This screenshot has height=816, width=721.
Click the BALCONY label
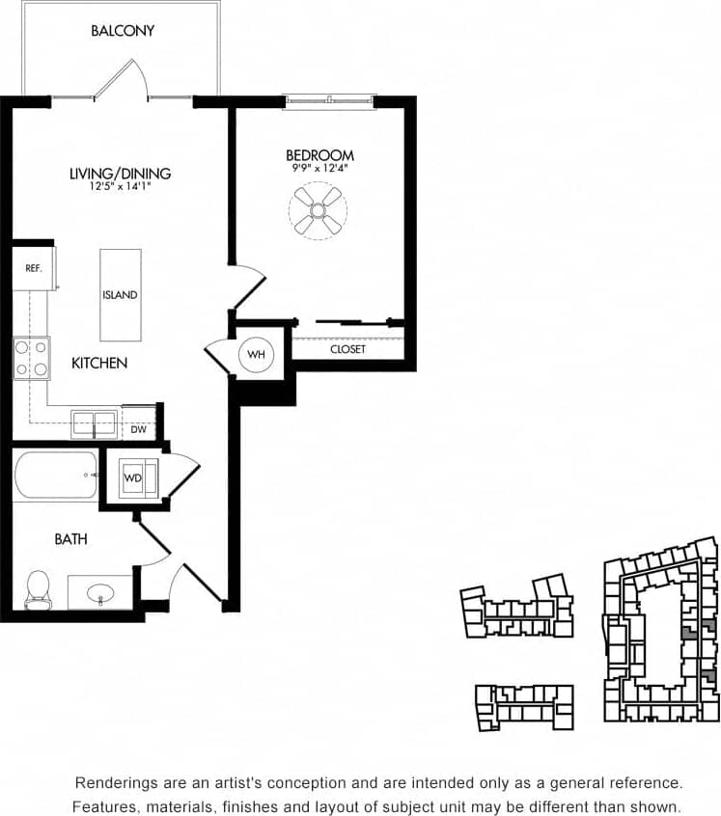pyautogui.click(x=123, y=31)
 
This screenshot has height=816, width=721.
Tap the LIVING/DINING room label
pyautogui.click(x=120, y=174)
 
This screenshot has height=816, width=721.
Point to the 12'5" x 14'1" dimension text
pyautogui.click(x=120, y=186)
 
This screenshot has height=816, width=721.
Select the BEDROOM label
pyautogui.click(x=319, y=155)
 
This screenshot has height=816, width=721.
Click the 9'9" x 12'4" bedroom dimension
pyautogui.click(x=319, y=169)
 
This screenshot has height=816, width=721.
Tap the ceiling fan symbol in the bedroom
pyautogui.click(x=318, y=210)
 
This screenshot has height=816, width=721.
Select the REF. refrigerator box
pyautogui.click(x=33, y=268)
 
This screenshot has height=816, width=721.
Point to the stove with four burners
pyautogui.click(x=31, y=358)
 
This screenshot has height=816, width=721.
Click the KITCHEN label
pyautogui.click(x=99, y=364)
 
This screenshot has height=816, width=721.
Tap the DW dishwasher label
pyautogui.click(x=139, y=429)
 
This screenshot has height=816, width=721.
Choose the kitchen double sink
pyautogui.click(x=96, y=423)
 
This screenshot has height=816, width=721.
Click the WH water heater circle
pyautogui.click(x=256, y=355)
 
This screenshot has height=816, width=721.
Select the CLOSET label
pyautogui.click(x=347, y=349)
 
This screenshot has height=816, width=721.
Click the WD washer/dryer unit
pyautogui.click(x=135, y=476)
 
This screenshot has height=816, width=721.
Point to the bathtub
pyautogui.click(x=56, y=475)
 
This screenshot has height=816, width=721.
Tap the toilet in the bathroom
pyautogui.click(x=38, y=589)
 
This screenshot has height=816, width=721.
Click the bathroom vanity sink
pyautogui.click(x=100, y=593)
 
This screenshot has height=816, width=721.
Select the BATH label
pyautogui.click(x=70, y=539)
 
